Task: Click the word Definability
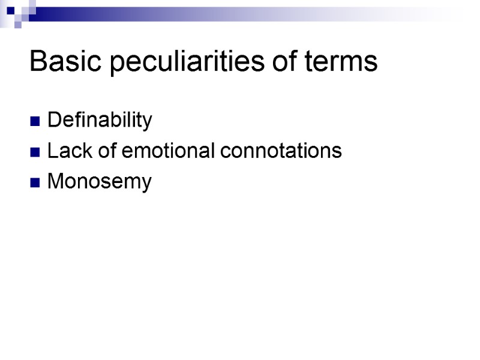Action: (100, 121)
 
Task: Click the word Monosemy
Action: (100, 181)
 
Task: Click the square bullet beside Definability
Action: (35, 122)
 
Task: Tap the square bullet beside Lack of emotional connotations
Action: (35, 152)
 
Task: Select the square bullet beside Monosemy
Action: (35, 182)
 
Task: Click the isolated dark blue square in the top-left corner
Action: (10, 10)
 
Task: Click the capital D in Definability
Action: (53, 121)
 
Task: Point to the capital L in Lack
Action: (51, 151)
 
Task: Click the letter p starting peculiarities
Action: (117, 64)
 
